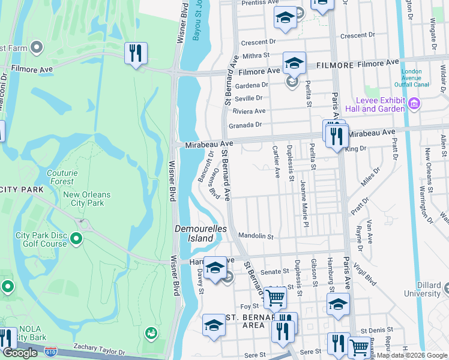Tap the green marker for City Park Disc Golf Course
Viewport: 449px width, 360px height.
coord(76,239)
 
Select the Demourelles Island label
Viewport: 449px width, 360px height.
coord(194,233)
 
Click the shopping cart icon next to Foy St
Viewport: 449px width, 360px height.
coord(275,297)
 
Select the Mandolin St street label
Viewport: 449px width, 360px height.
coord(256,236)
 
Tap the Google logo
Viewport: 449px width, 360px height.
coord(20,353)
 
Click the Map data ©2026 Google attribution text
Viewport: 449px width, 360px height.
coord(412,355)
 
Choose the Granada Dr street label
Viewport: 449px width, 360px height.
coord(246,125)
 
